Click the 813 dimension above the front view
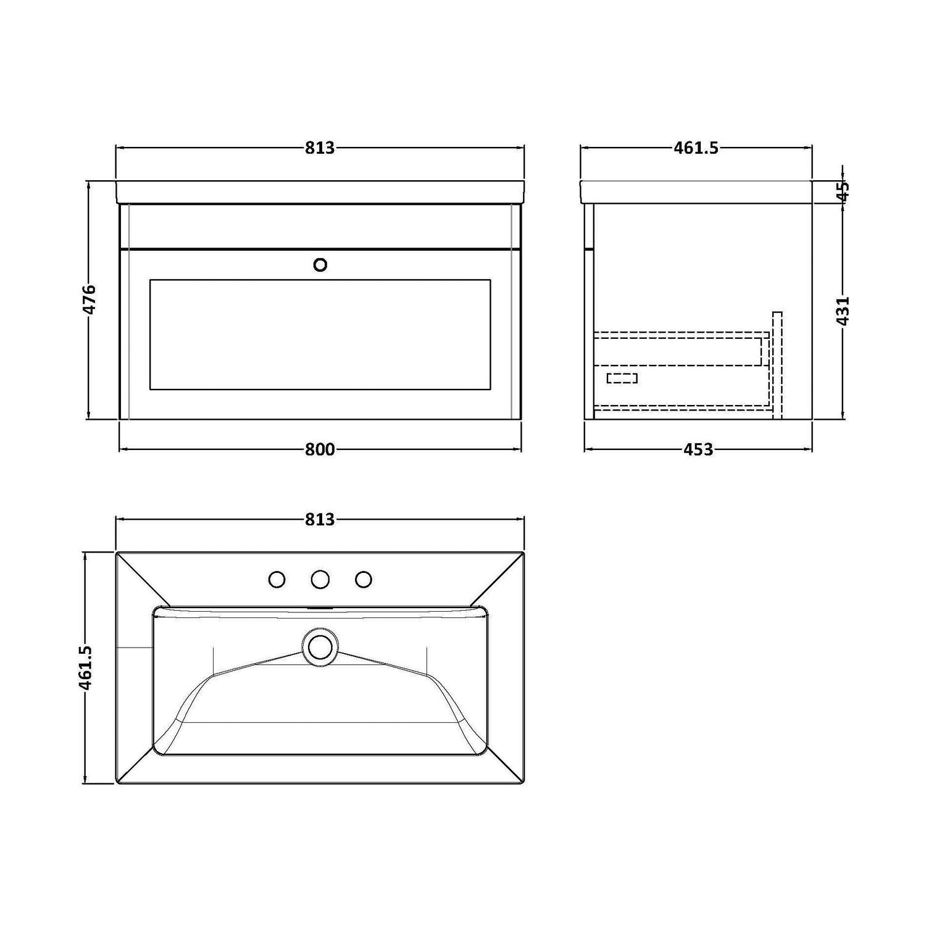click(319, 148)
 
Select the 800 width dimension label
click(320, 449)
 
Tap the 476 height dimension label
click(90, 299)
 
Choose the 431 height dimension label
click(845, 311)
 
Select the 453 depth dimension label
click(698, 449)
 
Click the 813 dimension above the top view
click(319, 519)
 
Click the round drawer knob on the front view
click(320, 265)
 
